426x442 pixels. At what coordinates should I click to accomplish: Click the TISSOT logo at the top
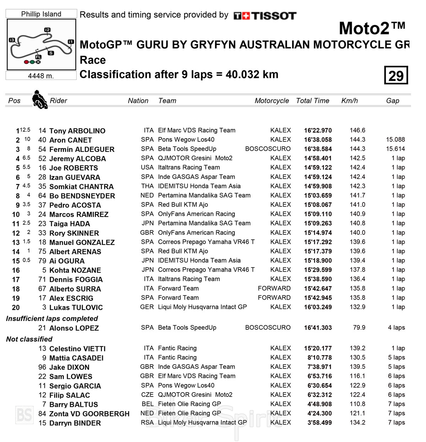coord(265,16)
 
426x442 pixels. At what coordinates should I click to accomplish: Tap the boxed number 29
coord(396,75)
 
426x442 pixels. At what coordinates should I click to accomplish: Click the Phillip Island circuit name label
coord(41,14)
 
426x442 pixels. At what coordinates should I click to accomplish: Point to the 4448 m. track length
coord(41,76)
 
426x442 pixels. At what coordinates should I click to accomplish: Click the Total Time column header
coord(312,101)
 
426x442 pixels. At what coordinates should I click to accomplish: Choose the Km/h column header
coord(349,101)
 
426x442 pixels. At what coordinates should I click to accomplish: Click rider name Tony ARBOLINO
coord(77,131)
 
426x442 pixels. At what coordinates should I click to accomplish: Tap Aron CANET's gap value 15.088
coord(395,140)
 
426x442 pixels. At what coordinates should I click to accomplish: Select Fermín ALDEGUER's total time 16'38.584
coord(318,149)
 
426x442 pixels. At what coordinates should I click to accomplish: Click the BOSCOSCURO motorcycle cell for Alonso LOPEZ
coord(268,328)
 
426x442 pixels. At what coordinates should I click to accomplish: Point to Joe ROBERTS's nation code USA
coord(147,168)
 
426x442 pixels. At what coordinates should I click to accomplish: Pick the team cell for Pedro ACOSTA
coord(183,205)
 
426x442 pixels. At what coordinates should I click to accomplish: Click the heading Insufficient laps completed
coord(52,318)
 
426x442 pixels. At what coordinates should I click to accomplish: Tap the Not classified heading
coord(29,339)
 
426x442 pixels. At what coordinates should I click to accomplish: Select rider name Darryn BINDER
coord(75,423)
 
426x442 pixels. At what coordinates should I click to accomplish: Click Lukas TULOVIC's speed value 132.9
coord(357,307)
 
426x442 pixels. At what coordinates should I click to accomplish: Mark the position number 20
coord(16,307)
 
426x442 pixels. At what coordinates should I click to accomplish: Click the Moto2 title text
coord(372,28)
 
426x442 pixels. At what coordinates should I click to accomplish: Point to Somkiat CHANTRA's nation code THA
coord(147,186)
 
